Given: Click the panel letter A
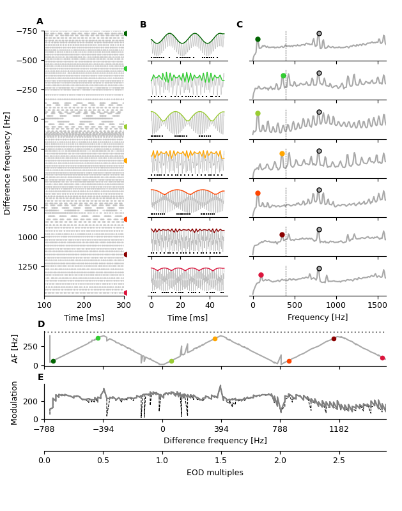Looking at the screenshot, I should tap(40, 22).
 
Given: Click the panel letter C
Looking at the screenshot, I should tap(239, 25).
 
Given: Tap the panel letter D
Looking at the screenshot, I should tap(41, 324).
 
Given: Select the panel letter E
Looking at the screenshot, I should tap(41, 377).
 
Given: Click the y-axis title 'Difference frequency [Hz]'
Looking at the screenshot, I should tap(8, 163).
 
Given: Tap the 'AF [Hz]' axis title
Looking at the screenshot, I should tap(15, 348).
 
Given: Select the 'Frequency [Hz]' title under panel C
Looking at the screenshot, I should tap(318, 317).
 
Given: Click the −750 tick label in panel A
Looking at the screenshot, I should tap(27, 31).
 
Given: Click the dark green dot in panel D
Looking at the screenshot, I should tap(53, 361).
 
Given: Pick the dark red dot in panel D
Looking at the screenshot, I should tap(334, 339).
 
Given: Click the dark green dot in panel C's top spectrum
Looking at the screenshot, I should tap(258, 39).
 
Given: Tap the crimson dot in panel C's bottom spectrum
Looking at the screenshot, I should tap(261, 275).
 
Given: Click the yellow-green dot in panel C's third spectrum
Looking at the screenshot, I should tap(258, 113).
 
